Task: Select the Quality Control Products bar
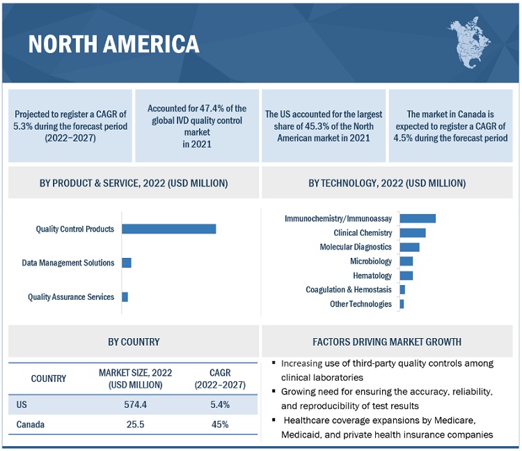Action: [x=168, y=229]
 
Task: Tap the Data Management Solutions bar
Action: [x=127, y=263]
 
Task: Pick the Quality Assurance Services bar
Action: [x=125, y=297]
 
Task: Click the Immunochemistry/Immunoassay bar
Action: [x=417, y=218]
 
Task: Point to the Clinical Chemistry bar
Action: [x=412, y=233]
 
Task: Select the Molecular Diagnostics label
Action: [x=356, y=247]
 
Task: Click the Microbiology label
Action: [x=371, y=261]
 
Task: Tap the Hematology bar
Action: [x=406, y=275]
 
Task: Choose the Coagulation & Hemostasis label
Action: [x=349, y=289]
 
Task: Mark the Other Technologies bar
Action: [x=402, y=304]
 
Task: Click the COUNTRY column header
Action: [x=49, y=379]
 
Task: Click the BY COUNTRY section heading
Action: [x=134, y=342]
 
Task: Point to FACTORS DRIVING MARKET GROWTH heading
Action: [x=387, y=342]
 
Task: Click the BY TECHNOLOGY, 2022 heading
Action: [x=387, y=183]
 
